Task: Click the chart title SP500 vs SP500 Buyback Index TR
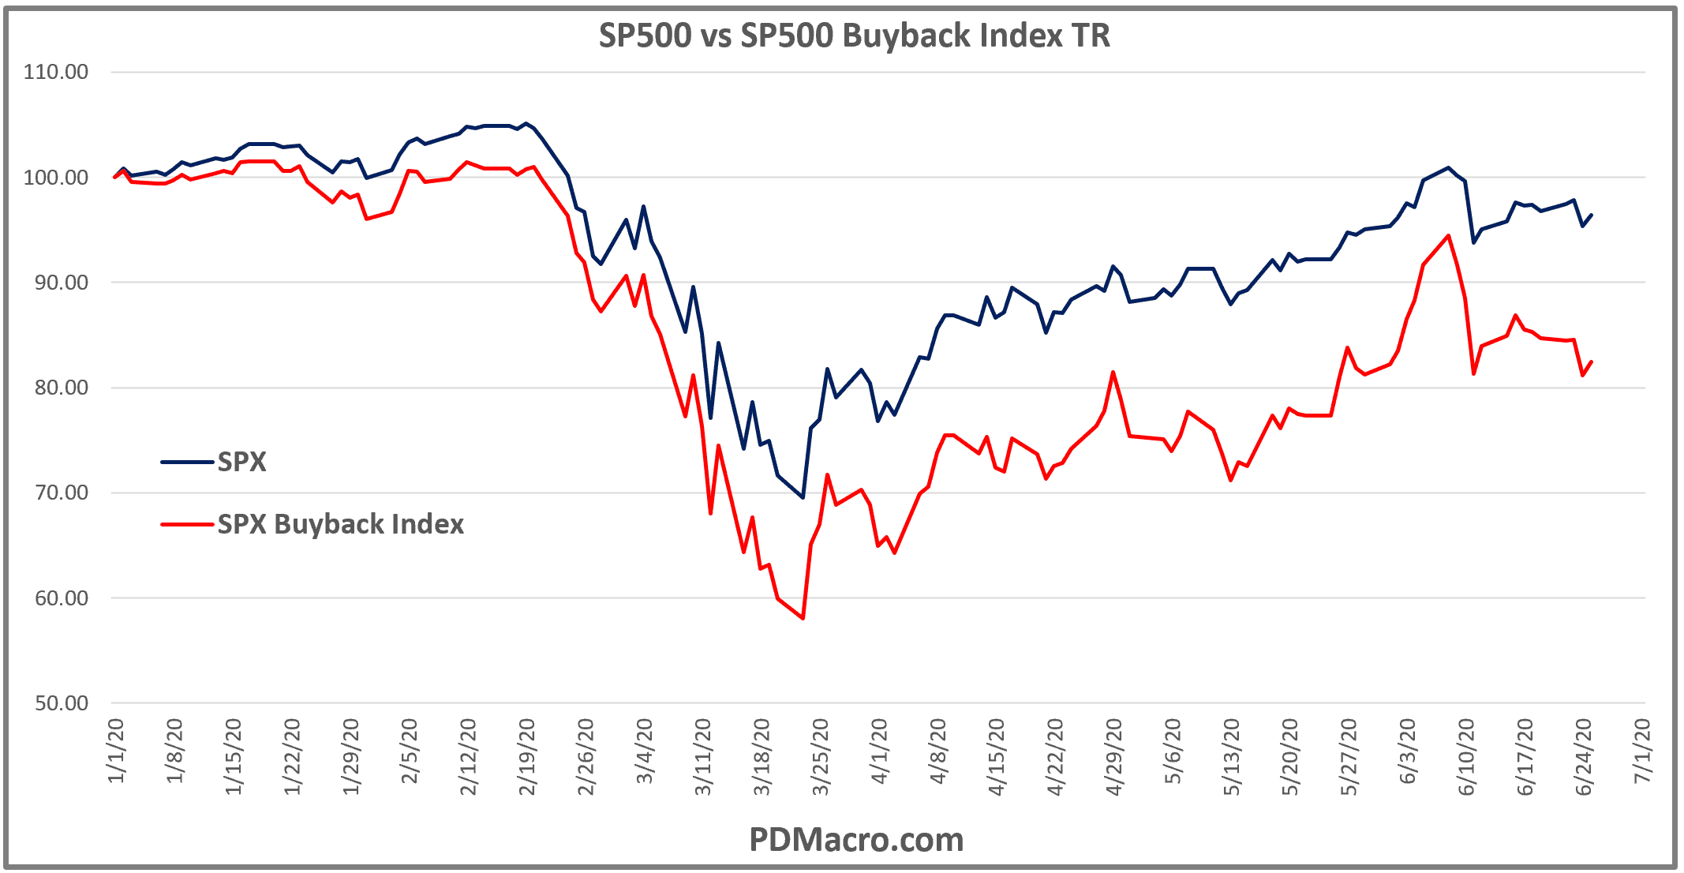pyautogui.click(x=854, y=36)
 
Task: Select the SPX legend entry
pyautogui.click(x=241, y=462)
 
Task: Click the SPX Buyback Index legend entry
pyautogui.click(x=340, y=524)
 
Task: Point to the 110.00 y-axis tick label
pyautogui.click(x=56, y=73)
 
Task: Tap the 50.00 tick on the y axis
pyautogui.click(x=62, y=703)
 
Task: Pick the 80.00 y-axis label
pyautogui.click(x=62, y=388)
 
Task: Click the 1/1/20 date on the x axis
pyautogui.click(x=117, y=751)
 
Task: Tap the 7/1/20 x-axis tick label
pyautogui.click(x=1642, y=751)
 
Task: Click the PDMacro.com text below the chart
pyautogui.click(x=856, y=840)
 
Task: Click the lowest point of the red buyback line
pyautogui.click(x=803, y=618)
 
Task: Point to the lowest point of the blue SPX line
pyautogui.click(x=803, y=497)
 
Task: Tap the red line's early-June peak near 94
pyautogui.click(x=1448, y=235)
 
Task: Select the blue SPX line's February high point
pyautogui.click(x=526, y=124)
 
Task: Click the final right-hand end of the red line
pyautogui.click(x=1592, y=362)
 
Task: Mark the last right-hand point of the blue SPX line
pyautogui.click(x=1592, y=215)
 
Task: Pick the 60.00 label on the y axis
pyautogui.click(x=62, y=598)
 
